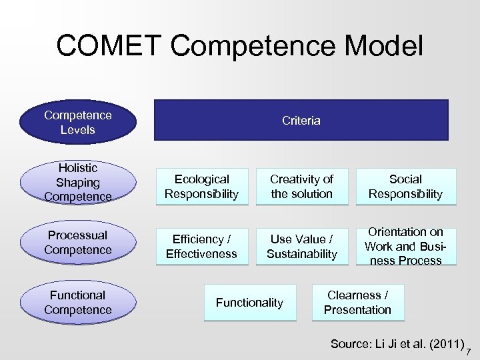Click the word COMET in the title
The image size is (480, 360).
coord(109,46)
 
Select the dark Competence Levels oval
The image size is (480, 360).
coord(77,123)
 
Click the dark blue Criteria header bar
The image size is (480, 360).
coord(301,121)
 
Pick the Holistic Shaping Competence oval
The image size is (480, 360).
coord(77,183)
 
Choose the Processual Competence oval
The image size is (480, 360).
coord(77,243)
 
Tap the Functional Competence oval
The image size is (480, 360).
coord(77,303)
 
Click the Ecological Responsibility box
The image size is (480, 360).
coord(201,187)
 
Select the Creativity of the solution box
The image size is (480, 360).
coord(301,187)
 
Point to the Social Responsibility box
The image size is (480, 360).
coord(405,187)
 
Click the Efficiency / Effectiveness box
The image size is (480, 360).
coord(201,247)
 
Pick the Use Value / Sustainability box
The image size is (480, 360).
coord(301,247)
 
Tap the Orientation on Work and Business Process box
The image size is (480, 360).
coord(405,247)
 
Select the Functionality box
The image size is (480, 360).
coord(249,303)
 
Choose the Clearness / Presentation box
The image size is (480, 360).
coord(357,303)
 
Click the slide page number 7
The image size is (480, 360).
coord(469,351)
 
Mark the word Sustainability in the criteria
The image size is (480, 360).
coord(301,254)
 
